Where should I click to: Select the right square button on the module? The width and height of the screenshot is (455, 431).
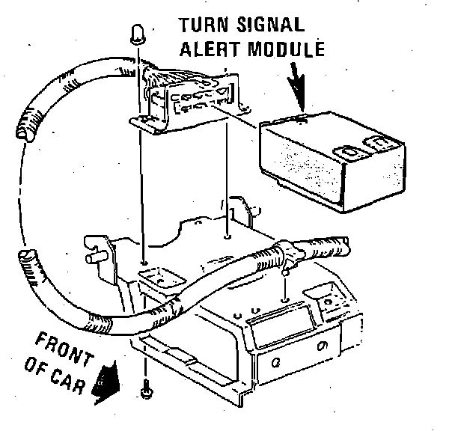(379, 143)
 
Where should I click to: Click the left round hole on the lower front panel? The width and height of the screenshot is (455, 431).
(276, 363)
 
